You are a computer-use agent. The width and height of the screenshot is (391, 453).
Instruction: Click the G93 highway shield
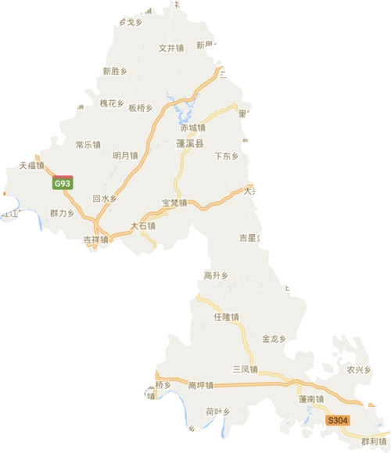(x=62, y=183)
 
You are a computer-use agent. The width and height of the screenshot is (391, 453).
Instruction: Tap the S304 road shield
(x=338, y=420)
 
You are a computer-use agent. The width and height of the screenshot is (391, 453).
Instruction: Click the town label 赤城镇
(x=192, y=128)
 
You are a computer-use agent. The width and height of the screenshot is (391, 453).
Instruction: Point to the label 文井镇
(x=170, y=47)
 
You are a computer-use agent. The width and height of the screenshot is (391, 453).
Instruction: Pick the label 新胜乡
(x=115, y=70)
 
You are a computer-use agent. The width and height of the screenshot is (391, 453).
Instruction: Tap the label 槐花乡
(x=112, y=103)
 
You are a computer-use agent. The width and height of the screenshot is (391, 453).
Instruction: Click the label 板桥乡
(x=140, y=107)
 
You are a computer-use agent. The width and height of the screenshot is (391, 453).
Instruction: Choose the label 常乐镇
(x=88, y=145)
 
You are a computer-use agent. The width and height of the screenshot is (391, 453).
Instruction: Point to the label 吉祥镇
(x=95, y=239)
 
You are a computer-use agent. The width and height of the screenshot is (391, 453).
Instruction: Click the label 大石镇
(x=142, y=226)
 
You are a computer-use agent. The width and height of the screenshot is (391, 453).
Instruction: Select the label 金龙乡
(x=274, y=339)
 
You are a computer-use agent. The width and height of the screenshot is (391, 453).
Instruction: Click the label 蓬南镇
(x=310, y=398)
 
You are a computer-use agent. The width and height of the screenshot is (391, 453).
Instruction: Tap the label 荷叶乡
(x=217, y=411)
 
